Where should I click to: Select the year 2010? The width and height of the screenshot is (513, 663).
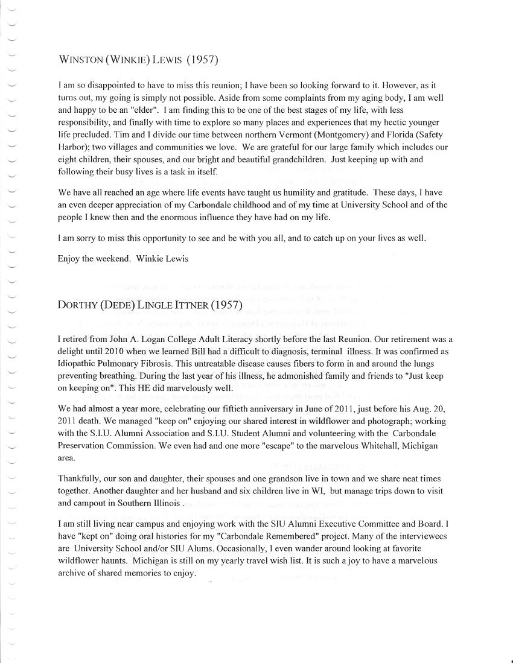(x=127, y=351)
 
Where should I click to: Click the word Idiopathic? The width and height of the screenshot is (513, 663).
(x=78, y=363)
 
